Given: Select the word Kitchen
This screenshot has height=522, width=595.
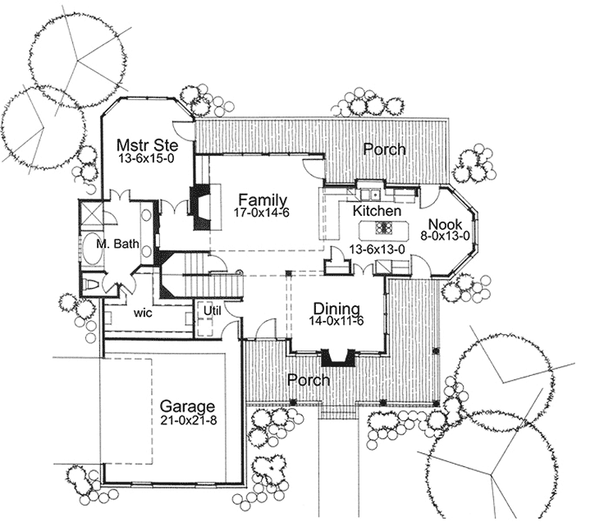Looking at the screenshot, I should (x=377, y=211).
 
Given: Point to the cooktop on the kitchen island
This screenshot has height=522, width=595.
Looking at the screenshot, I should (x=384, y=228).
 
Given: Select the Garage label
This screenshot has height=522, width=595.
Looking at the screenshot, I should (x=187, y=406).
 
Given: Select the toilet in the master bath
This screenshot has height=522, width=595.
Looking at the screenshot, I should (x=93, y=283).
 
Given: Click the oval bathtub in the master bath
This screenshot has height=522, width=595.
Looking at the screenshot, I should (x=92, y=250).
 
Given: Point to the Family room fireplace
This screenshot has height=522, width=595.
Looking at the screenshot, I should (x=199, y=202).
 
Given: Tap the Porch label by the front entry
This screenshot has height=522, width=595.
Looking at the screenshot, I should (x=309, y=380).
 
